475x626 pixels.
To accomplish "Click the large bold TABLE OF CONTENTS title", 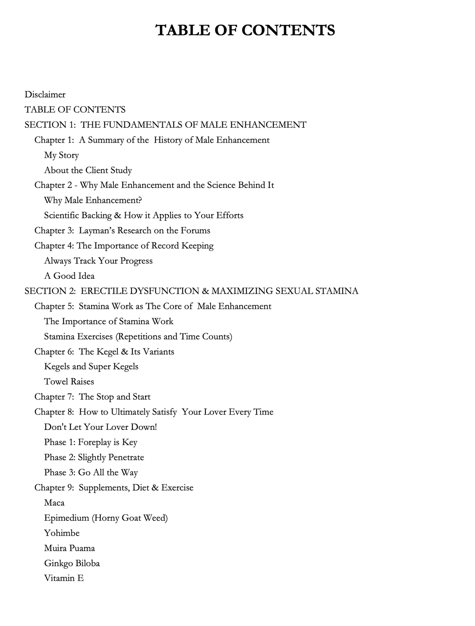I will (245, 30).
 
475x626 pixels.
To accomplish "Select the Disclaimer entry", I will (45, 94).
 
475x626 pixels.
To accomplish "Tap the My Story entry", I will (61, 155).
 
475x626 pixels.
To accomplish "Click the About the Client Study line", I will (88, 170).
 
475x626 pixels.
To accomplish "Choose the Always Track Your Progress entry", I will (98, 261).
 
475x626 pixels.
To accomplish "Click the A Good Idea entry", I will (69, 276).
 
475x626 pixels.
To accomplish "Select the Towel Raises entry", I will (69, 382).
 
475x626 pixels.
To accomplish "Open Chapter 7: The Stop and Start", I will (92, 397).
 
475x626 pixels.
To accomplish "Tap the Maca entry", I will (54, 503).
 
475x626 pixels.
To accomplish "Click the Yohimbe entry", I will (62, 533).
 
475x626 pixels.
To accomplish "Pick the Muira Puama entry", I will (69, 548).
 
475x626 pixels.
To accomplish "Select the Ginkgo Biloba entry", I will (72, 563).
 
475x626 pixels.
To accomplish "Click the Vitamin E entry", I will (64, 578).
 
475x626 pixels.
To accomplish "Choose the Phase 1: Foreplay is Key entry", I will (91, 442).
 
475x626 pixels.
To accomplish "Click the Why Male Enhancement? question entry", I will (93, 200).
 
